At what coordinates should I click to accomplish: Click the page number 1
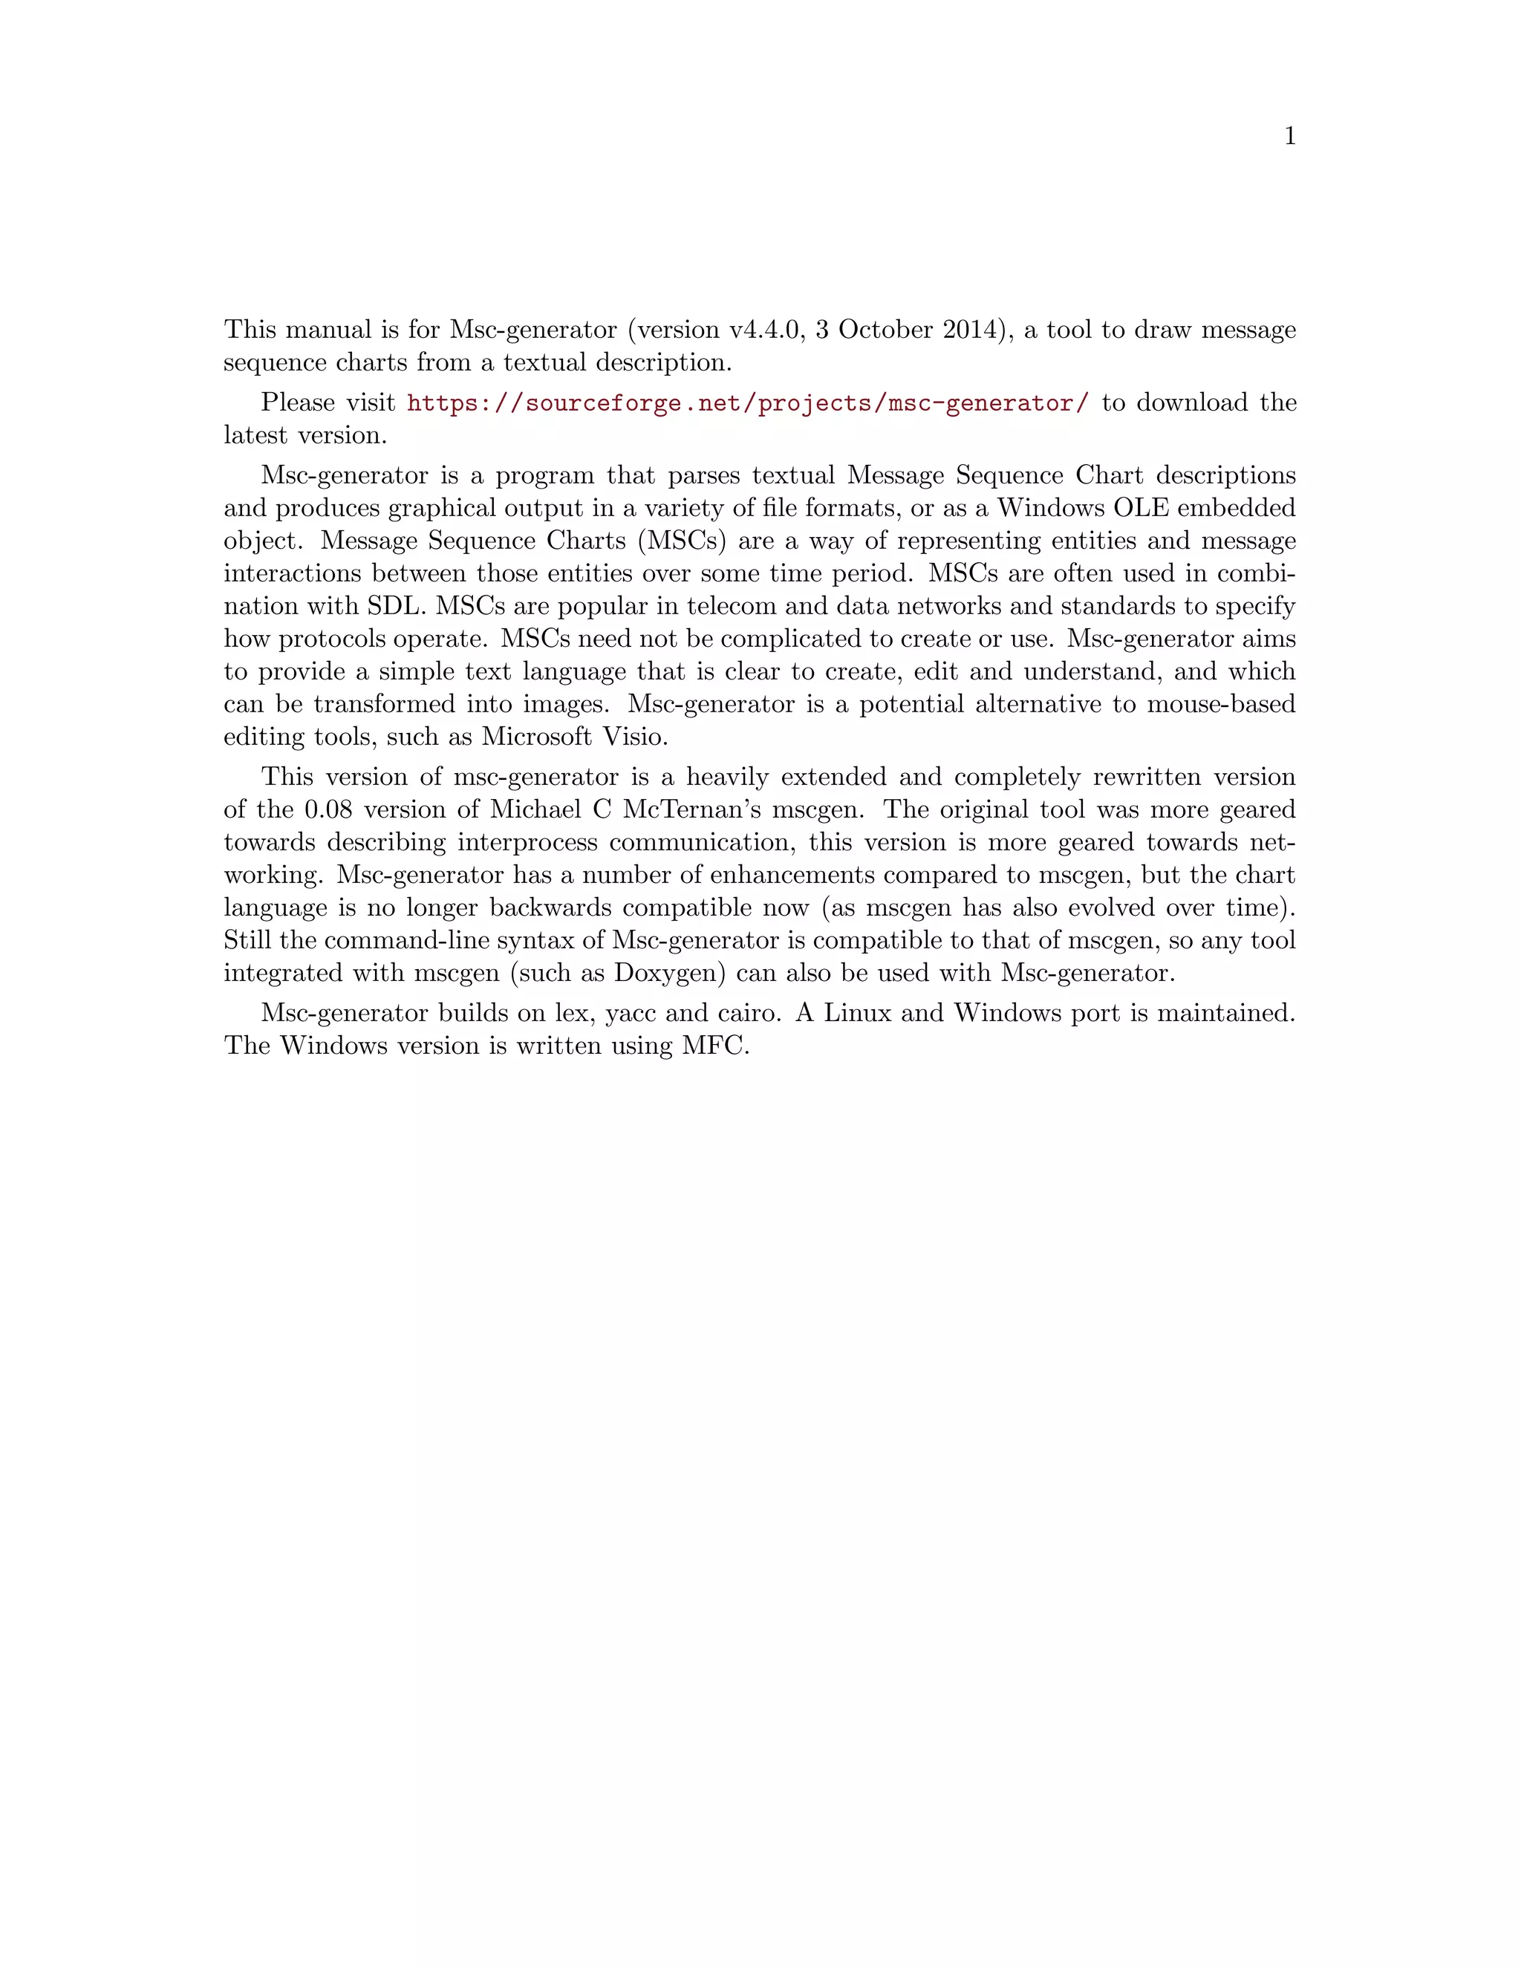[1289, 137]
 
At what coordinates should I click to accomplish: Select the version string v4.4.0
[765, 330]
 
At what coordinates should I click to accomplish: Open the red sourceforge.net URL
[748, 403]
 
